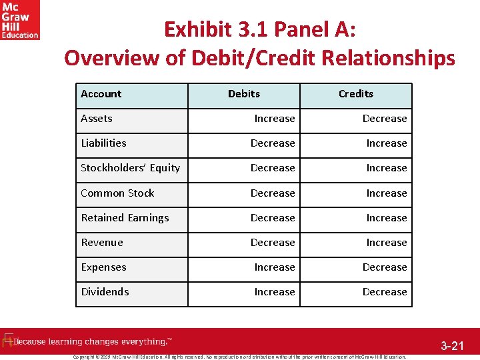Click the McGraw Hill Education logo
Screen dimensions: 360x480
20,20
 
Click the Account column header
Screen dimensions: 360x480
101,94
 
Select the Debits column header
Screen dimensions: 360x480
244,94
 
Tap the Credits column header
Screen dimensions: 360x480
356,94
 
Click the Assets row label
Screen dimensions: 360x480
97,119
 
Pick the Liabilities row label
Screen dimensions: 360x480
103,143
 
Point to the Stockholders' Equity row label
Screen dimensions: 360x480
130,168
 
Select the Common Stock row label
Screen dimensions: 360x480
117,193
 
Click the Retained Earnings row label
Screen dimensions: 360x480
125,218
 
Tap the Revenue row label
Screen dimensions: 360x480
102,243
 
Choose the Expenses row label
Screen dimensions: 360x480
103,267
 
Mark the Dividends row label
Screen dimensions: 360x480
105,292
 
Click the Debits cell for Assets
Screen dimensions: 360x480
275,119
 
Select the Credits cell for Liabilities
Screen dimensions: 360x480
387,143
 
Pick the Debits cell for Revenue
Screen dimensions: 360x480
273,243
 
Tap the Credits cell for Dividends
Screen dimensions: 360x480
385,292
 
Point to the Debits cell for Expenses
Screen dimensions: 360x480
275,267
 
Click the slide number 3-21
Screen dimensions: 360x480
451,346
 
